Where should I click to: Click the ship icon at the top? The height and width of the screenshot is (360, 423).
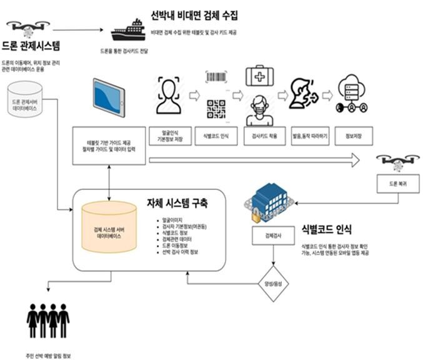pyautogui.click(x=128, y=29)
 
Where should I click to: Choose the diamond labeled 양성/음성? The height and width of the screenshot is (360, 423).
pyautogui.click(x=273, y=285)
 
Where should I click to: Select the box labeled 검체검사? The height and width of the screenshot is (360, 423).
pyautogui.click(x=273, y=236)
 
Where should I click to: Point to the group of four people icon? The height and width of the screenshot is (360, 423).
pyautogui.click(x=48, y=320)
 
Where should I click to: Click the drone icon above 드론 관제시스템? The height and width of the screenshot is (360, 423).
pyautogui.click(x=28, y=28)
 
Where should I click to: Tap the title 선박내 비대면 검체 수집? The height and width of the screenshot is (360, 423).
pyautogui.click(x=194, y=15)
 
